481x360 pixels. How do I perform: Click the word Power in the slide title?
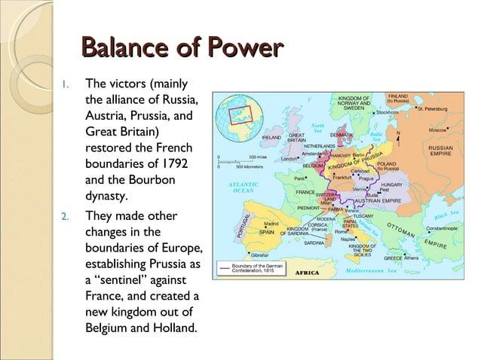[x=244, y=50]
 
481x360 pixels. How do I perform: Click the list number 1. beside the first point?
[x=66, y=84]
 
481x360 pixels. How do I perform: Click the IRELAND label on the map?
[x=271, y=138]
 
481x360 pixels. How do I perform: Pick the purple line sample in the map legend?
[x=225, y=267]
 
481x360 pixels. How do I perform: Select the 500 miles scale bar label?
[x=257, y=157]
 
